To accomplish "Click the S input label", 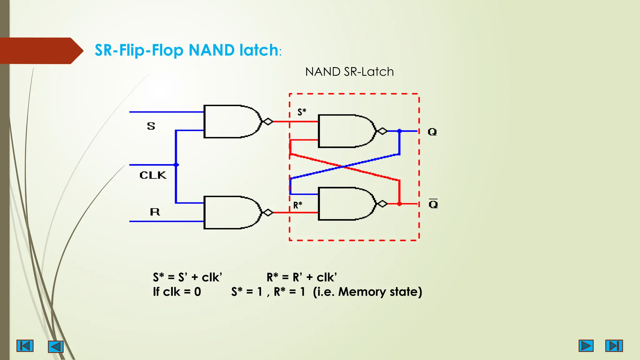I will click(151, 126).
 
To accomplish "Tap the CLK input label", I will click(153, 175).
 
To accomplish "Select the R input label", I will click(155, 212).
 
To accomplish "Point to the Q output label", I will click(432, 132).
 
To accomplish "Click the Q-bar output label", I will click(433, 204).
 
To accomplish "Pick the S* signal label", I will click(302, 112).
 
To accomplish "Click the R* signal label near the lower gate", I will click(298, 205).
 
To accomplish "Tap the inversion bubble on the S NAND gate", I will click(268, 121).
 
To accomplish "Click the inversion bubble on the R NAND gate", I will click(268, 212).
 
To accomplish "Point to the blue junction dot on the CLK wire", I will click(176, 165).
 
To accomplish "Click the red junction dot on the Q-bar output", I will click(399, 204).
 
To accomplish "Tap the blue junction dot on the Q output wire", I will click(399, 131).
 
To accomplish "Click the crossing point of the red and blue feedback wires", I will click(344, 167).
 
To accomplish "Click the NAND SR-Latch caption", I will click(349, 72).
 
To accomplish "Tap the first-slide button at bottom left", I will click(25, 346).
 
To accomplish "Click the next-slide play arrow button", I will click(586, 346).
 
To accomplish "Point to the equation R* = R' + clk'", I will click(302, 277).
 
